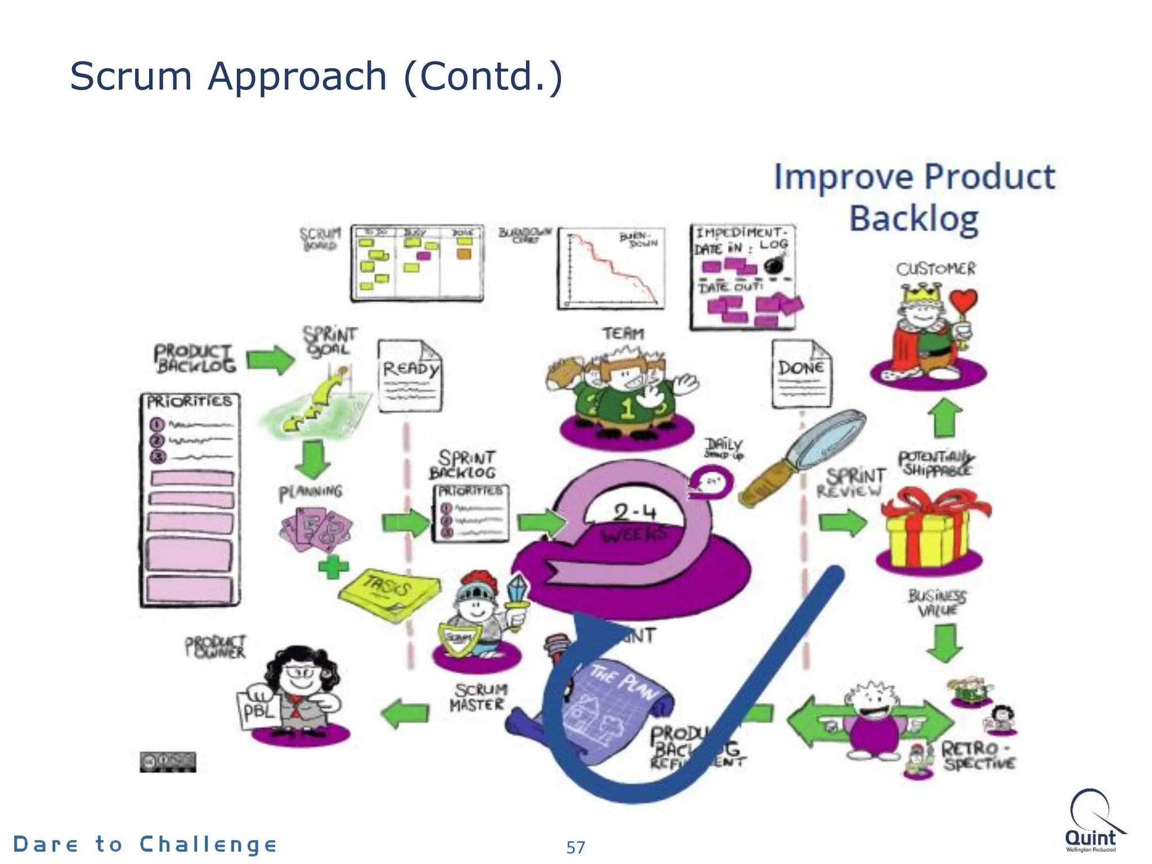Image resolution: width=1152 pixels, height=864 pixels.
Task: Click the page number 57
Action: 575,847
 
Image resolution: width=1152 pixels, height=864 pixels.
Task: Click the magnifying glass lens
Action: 831,438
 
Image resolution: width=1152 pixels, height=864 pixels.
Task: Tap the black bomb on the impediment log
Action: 775,264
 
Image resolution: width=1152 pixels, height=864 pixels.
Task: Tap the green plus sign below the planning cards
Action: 333,566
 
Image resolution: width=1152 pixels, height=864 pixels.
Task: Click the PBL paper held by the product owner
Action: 258,712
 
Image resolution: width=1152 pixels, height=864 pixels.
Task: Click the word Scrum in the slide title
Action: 130,76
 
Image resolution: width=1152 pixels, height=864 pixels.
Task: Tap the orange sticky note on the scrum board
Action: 463,254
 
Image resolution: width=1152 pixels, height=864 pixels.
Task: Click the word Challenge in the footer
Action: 208,844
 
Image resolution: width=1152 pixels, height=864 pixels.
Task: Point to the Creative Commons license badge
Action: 168,762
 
